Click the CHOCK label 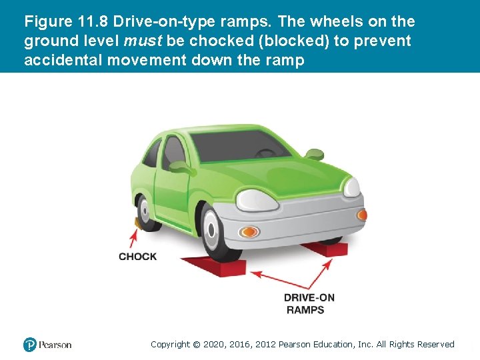coord(137,257)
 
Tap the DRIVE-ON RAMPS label coord(309,304)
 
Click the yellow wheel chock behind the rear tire coord(137,222)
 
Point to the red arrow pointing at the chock coord(133,238)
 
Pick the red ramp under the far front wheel coord(326,249)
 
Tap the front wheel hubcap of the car coord(211,229)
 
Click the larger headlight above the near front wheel coord(257,201)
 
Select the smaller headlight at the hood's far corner coord(352,187)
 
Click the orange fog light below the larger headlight coord(249,232)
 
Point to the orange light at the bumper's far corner coord(362,215)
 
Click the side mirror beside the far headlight coord(315,154)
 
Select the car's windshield coord(239,146)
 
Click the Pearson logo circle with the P coord(30,345)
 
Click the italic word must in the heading coord(143,41)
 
